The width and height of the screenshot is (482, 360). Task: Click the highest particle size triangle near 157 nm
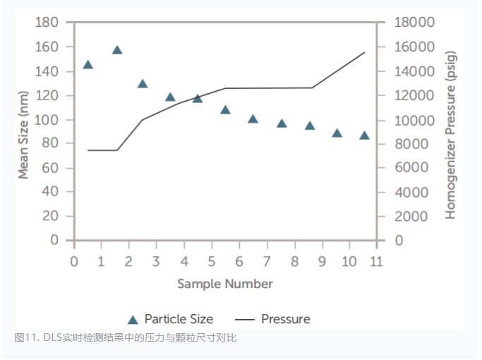point(117,50)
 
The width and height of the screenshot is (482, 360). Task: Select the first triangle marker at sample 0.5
point(88,64)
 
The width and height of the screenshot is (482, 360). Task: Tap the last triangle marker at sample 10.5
point(364,135)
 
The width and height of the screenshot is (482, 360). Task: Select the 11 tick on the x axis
point(376,261)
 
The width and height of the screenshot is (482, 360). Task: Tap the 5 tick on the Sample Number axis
point(211,261)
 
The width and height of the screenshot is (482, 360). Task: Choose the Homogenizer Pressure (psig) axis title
point(452,134)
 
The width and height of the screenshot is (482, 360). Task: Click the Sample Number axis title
point(224,284)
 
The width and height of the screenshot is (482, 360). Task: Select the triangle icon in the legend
point(132,319)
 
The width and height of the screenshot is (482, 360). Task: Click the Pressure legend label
point(285,319)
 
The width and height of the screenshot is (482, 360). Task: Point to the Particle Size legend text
point(179,319)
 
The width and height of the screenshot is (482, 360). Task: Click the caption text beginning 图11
point(126,338)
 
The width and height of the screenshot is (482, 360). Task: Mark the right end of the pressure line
point(365,52)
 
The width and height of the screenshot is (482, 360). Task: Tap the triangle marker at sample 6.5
point(253,119)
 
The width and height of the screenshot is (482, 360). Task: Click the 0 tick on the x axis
point(73,261)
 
